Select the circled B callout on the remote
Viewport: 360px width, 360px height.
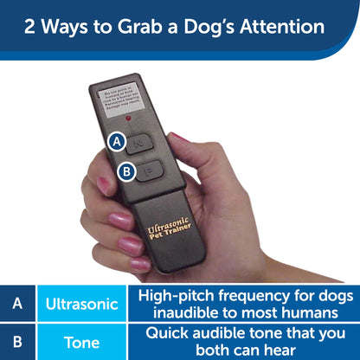point(125,172)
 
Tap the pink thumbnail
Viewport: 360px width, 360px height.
point(180,138)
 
